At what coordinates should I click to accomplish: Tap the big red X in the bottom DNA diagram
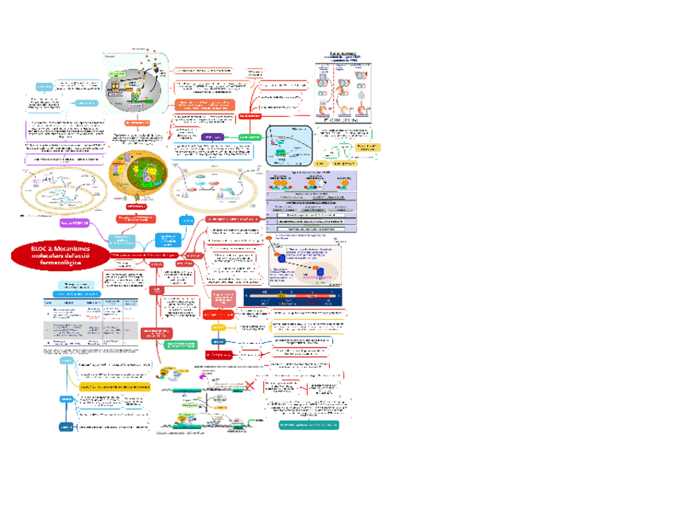[250, 387]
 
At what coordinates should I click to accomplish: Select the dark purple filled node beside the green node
[212, 137]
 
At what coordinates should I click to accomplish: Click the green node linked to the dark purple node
[250, 137]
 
